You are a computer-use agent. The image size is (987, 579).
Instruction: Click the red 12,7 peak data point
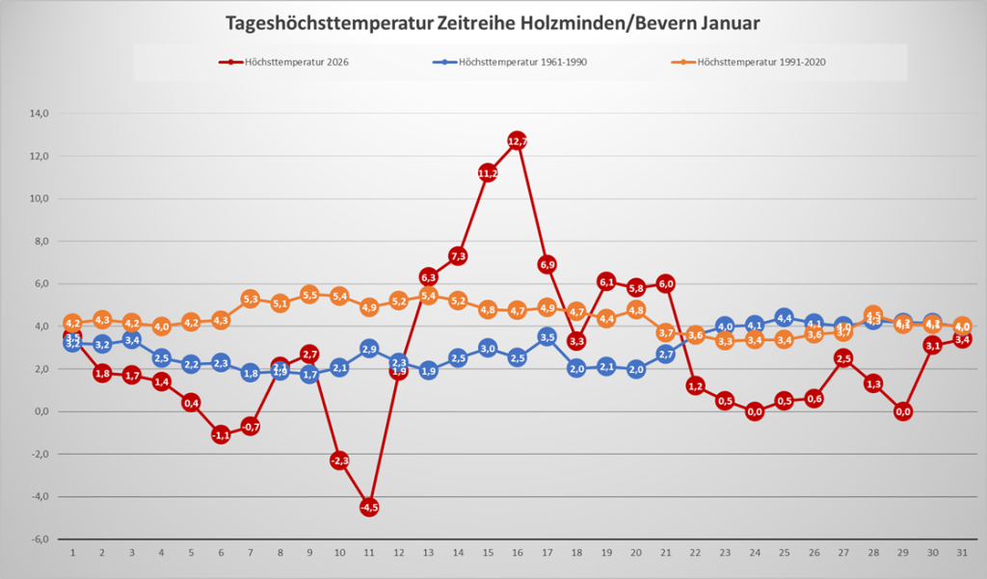[x=518, y=142]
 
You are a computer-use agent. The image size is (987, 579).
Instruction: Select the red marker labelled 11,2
[x=488, y=173]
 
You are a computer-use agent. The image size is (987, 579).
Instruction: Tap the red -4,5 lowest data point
[x=369, y=507]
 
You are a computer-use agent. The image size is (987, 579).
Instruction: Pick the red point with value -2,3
[x=339, y=461]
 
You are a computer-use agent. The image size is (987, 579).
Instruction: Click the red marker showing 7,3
[x=458, y=256]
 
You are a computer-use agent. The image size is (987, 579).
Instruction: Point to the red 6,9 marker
[x=547, y=264]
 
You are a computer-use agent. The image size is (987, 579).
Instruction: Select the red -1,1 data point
[x=221, y=434]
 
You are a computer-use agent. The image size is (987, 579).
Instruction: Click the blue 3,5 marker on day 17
[x=547, y=337]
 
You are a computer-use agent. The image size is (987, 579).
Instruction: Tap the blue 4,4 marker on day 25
[x=785, y=318]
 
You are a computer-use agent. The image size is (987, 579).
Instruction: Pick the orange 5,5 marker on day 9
[x=309, y=295]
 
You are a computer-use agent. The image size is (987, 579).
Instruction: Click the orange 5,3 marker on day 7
[x=251, y=299]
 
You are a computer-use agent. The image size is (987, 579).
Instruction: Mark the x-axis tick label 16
[x=518, y=554]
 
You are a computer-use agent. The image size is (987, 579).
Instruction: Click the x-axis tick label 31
[x=962, y=554]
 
